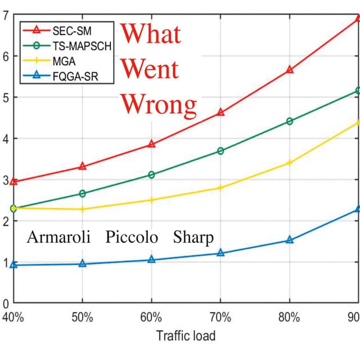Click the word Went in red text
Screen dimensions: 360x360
pyautogui.click(x=150, y=69)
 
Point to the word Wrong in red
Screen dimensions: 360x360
pyautogui.click(x=159, y=104)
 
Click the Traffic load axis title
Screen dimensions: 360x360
pyautogui.click(x=186, y=336)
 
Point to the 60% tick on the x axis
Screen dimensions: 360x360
pyautogui.click(x=151, y=317)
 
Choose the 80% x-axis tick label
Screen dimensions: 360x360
pyautogui.click(x=290, y=317)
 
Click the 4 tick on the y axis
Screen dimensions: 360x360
pyautogui.click(x=6, y=138)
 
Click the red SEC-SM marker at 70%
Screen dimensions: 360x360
pyautogui.click(x=220, y=112)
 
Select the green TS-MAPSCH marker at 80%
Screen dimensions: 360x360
pyautogui.click(x=290, y=121)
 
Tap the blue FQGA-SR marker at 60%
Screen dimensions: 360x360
pyautogui.click(x=151, y=259)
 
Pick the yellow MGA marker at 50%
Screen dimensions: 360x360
pyautogui.click(x=83, y=209)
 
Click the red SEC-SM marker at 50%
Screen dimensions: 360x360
pyautogui.click(x=83, y=166)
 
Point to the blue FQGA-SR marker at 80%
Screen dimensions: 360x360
pyautogui.click(x=290, y=240)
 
